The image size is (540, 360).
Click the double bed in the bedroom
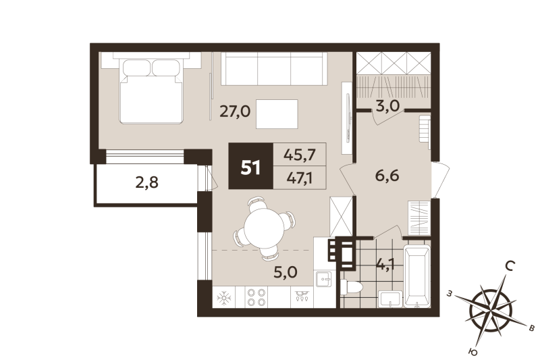pos(152,92)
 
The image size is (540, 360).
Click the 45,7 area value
pos(300,155)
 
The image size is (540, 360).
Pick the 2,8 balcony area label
pos(146,182)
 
